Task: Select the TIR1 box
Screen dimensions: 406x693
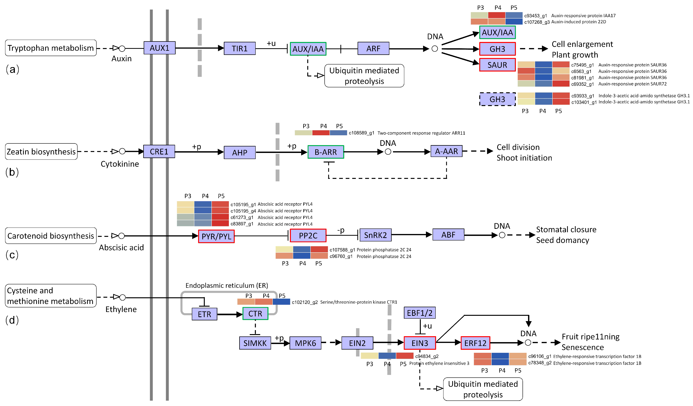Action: click(239, 48)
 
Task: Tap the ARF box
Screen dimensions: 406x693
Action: click(373, 48)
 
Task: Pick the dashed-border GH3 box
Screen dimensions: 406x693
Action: click(497, 99)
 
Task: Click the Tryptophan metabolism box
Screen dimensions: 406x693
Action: click(51, 48)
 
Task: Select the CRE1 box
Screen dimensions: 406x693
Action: click(159, 151)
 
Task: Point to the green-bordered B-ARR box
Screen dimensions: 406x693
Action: click(326, 152)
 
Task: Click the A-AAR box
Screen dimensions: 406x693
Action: click(446, 151)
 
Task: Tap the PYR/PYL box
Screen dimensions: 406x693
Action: click(216, 236)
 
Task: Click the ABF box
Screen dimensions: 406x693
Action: click(448, 235)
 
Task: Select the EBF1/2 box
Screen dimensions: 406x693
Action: click(419, 313)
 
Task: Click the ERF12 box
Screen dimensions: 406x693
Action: click(475, 343)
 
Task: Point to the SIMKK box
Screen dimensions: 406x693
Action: click(255, 343)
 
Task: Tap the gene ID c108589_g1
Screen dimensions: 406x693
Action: click(361, 133)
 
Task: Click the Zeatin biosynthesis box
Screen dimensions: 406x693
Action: click(41, 151)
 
